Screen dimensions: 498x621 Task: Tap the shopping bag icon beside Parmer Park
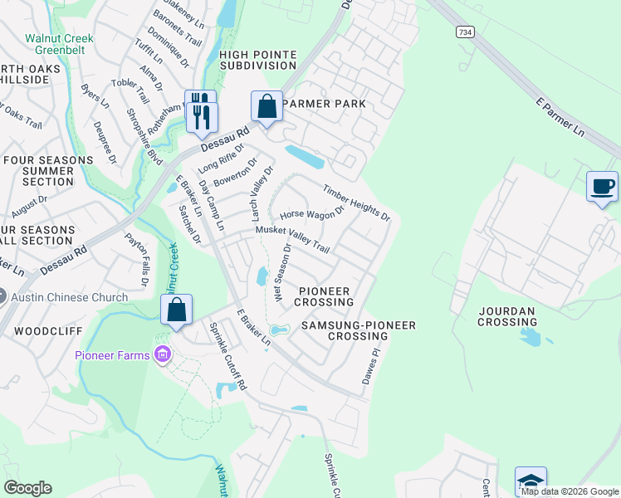[x=266, y=107]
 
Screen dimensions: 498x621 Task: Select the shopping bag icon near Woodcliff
[x=176, y=310]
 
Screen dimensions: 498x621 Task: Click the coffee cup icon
[x=602, y=186]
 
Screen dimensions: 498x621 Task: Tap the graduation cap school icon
[x=531, y=481]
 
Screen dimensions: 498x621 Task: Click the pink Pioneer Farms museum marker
[x=161, y=355]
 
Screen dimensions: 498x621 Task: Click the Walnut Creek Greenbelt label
[x=60, y=44]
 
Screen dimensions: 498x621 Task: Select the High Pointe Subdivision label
[x=257, y=61]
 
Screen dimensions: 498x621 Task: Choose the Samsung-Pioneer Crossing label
[x=357, y=330]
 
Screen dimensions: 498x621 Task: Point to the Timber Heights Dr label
[x=356, y=203]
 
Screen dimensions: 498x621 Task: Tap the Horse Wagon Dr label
[x=311, y=212]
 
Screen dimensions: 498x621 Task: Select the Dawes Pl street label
[x=369, y=365]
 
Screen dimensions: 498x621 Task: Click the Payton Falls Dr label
[x=137, y=258]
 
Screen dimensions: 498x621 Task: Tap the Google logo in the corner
[x=27, y=487]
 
